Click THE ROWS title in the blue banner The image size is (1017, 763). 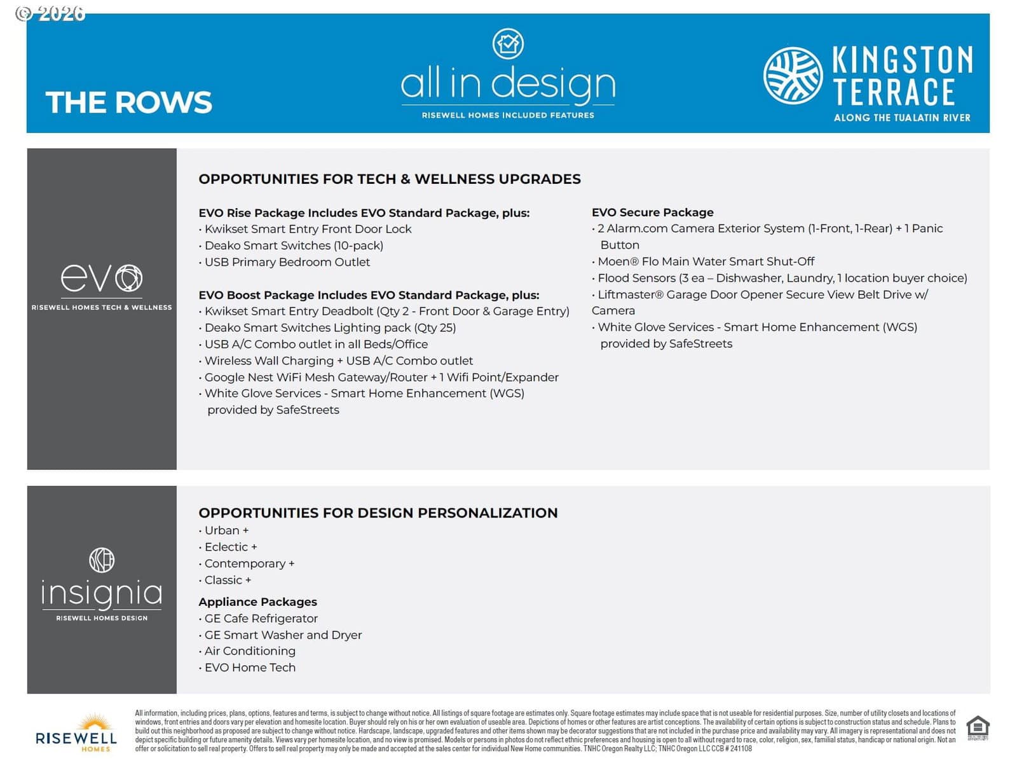click(128, 102)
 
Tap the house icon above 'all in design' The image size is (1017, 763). click(508, 44)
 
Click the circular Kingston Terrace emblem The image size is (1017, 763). click(793, 76)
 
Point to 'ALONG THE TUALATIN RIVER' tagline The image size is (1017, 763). click(901, 118)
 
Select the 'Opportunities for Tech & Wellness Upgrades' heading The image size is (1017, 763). click(389, 179)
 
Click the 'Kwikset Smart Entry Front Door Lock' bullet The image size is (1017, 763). click(308, 229)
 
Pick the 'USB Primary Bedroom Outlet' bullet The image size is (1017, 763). click(287, 262)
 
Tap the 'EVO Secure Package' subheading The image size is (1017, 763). click(652, 212)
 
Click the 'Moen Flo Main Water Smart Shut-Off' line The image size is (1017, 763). click(706, 261)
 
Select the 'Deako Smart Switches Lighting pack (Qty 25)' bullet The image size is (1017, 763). click(330, 327)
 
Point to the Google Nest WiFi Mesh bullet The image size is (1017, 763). click(381, 377)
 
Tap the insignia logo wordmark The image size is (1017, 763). click(102, 593)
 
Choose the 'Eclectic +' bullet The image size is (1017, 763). click(230, 547)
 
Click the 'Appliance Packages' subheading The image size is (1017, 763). click(257, 601)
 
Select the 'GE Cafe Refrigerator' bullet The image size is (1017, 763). click(261, 618)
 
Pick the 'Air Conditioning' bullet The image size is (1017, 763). click(250, 651)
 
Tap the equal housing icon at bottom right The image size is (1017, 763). click(977, 727)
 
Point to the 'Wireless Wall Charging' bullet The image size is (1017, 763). click(338, 361)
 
